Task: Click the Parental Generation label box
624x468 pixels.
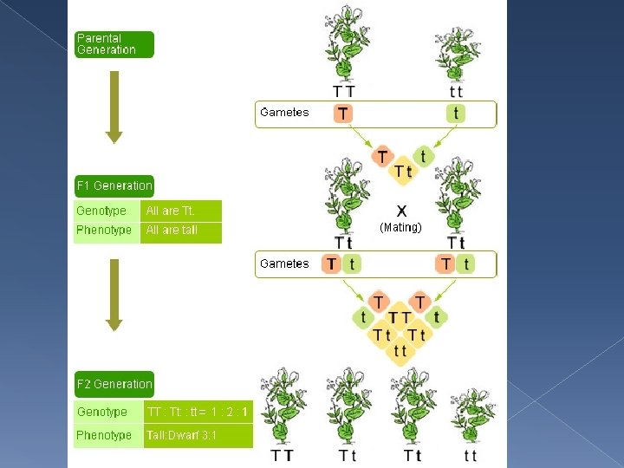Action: point(114,44)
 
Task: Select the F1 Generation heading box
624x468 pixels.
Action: point(114,185)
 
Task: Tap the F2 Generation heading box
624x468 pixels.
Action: point(114,384)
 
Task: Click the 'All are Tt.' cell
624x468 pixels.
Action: point(180,211)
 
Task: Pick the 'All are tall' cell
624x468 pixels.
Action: point(180,231)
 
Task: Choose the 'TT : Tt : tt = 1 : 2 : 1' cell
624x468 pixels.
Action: point(198,412)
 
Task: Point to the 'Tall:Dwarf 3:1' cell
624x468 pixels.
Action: point(198,435)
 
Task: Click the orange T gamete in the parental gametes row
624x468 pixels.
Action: point(344,114)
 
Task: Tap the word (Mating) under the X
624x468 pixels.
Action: point(400,227)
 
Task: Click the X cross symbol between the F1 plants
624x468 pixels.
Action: point(402,210)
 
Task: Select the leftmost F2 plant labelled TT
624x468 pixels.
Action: point(283,406)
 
